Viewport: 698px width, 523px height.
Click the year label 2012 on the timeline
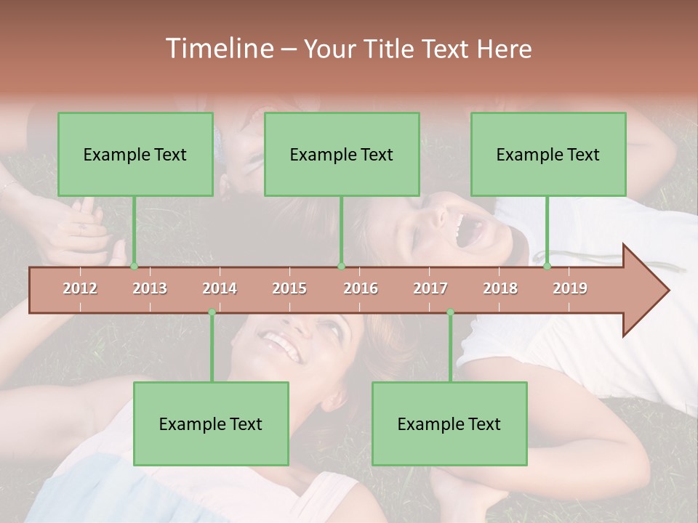80,288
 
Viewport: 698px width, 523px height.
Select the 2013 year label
150,288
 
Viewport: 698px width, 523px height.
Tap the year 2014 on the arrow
220,288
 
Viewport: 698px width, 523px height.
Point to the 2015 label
289,288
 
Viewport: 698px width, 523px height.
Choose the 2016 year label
361,288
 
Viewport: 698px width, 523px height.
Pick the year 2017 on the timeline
430,288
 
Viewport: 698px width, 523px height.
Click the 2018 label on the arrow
500,288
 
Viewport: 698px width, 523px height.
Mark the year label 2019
570,288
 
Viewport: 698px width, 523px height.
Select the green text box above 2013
135,154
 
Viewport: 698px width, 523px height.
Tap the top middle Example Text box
342,154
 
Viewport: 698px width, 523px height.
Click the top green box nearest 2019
548,154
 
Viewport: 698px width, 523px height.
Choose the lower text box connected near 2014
211,423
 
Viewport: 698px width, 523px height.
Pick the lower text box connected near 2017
449,423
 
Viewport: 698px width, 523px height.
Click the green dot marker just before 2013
134,266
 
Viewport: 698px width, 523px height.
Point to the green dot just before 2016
341,266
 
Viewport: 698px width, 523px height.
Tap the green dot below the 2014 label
212,312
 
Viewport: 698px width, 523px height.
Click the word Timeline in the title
217,49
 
